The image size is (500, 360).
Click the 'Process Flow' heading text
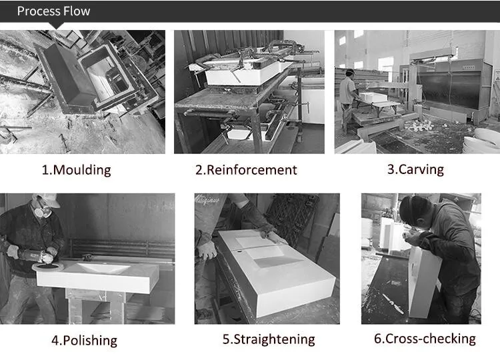pyautogui.click(x=53, y=11)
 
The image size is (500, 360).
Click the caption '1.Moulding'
pyautogui.click(x=76, y=169)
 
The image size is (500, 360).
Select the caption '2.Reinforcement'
pyautogui.click(x=246, y=169)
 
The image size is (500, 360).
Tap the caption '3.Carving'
pyautogui.click(x=415, y=169)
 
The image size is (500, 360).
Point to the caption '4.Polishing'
pyautogui.click(x=84, y=340)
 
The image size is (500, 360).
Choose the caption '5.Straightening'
pyautogui.click(x=269, y=339)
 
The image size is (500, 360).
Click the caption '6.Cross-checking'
pyautogui.click(x=425, y=339)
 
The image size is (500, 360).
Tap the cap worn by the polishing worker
pyautogui.click(x=47, y=199)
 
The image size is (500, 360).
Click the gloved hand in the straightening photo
pyautogui.click(x=207, y=250)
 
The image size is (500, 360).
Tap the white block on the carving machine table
pyautogui.click(x=373, y=97)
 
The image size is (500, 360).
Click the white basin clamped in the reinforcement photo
pyautogui.click(x=247, y=73)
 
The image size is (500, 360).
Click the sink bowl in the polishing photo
pyautogui.click(x=103, y=268)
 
